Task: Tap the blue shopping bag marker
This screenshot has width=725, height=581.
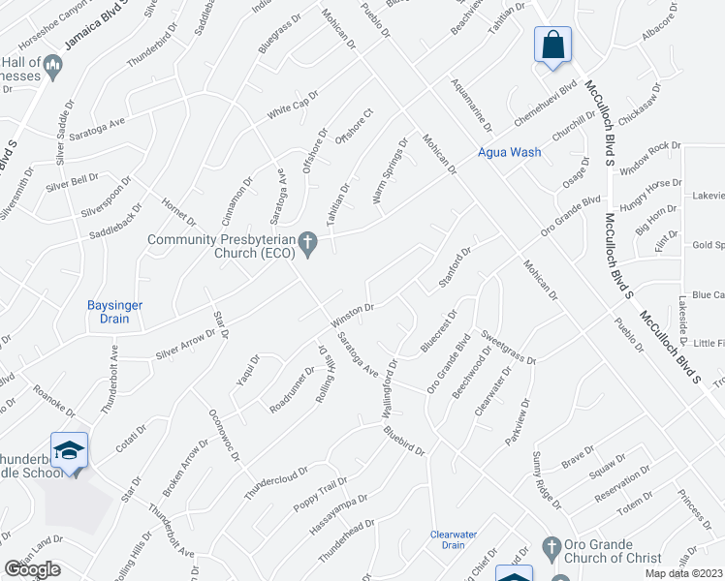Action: tap(552, 45)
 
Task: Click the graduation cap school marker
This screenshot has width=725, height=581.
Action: tap(69, 451)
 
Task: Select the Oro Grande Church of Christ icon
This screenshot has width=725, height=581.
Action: tap(552, 547)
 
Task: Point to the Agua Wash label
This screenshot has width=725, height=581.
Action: tap(509, 152)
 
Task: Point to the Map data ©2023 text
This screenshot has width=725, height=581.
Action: tap(683, 573)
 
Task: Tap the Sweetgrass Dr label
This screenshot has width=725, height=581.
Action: tap(508, 351)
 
